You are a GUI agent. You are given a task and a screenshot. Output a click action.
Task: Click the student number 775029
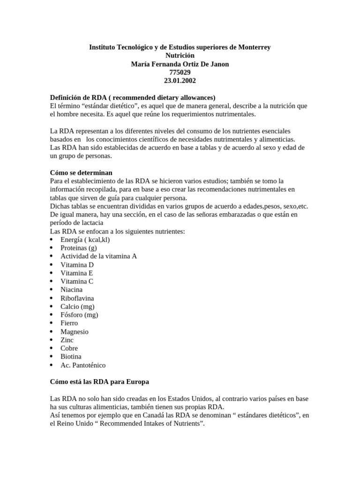point(180,72)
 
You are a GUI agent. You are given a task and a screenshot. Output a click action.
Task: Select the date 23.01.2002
point(180,81)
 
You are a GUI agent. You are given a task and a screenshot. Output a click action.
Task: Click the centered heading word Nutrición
point(180,56)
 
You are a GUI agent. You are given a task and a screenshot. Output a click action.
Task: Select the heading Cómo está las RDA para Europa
point(99,382)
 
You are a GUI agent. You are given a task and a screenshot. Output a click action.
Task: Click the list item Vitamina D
point(77,265)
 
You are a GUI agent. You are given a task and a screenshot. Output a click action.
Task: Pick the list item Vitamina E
point(77,273)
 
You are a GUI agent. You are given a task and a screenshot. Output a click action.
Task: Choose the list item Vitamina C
point(77,281)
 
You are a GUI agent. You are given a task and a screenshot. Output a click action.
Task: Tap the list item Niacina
point(71,290)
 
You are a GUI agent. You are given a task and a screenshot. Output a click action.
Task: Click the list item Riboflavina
point(77,298)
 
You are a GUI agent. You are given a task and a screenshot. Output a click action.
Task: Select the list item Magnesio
point(74,331)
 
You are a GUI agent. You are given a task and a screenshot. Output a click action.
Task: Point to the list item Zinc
point(67,340)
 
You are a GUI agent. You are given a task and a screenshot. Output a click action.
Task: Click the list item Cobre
point(69,348)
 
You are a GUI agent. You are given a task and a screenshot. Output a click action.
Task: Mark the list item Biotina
point(71,357)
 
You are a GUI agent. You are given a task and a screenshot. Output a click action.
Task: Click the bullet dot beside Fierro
point(52,323)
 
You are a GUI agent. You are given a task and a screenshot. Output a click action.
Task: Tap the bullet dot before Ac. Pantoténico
point(52,365)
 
